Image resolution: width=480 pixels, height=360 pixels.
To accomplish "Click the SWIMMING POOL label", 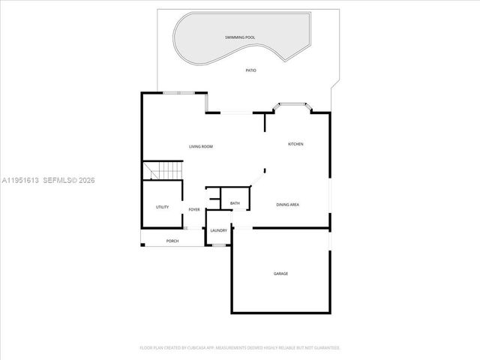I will pos(240,37).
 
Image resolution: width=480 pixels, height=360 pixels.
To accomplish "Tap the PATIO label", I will pos(250,70).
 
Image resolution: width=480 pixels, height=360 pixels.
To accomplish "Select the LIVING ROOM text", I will pos(201,146).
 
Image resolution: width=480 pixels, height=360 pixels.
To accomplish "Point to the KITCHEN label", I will pos(295,144).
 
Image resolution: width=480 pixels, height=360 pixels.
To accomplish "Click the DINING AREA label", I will pos(288,205).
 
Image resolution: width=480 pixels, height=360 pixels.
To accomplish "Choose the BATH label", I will pos(235,203).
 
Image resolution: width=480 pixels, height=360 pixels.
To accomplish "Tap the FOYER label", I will pos(194,209).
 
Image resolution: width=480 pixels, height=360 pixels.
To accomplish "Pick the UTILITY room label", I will pos(162,207).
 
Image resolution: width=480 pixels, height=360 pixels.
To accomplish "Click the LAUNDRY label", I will pos(219,230).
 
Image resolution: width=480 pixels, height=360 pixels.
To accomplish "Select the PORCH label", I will pos(172,241).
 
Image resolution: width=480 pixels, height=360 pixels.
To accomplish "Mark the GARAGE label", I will pos(280,274).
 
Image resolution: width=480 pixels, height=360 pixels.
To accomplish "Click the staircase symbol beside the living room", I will pos(164,172).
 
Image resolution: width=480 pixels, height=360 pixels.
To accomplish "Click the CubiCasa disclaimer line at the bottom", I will pos(240,348).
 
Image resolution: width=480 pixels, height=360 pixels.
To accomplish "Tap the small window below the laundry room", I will pos(219,244).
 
